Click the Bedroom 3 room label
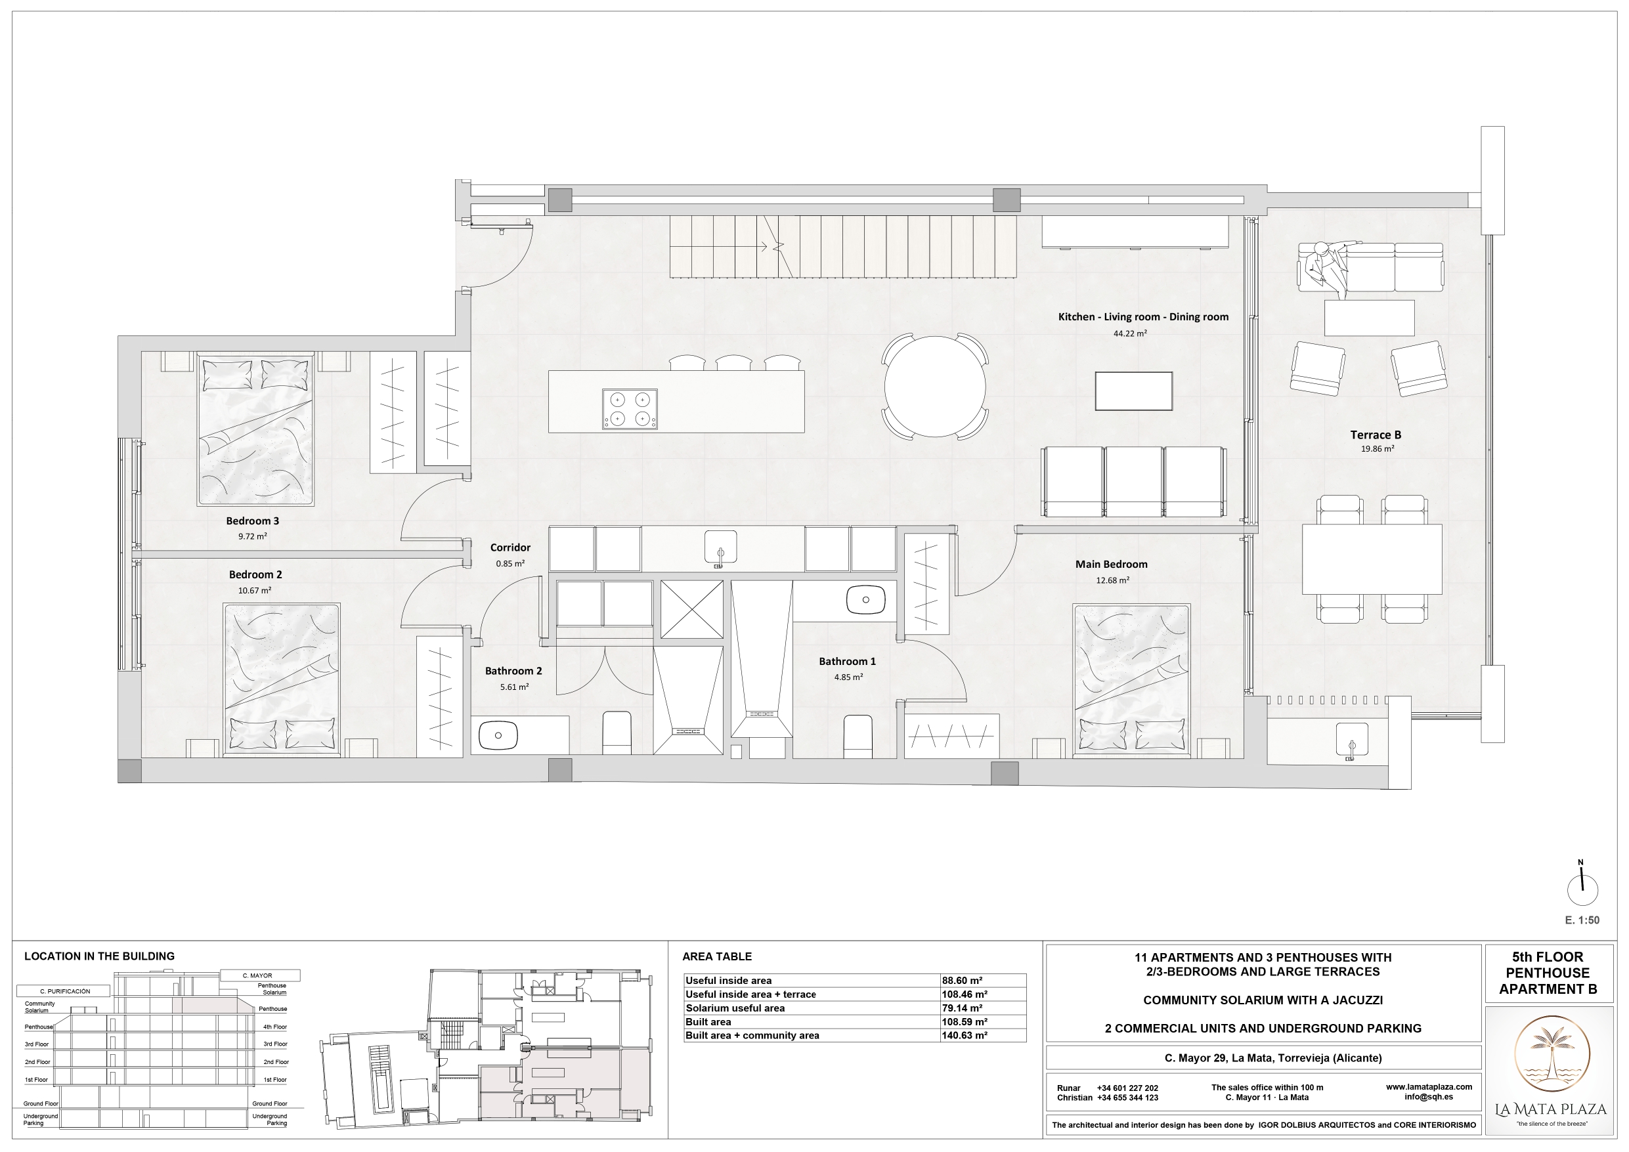click(253, 521)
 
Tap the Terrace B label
click(1376, 435)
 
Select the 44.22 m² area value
click(1130, 333)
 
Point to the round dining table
click(935, 387)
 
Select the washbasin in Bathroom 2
click(498, 736)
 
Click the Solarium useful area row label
click(735, 1008)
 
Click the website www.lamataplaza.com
click(1429, 1087)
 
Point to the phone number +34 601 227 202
click(1127, 1088)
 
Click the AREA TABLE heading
click(716, 957)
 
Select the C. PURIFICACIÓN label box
click(65, 991)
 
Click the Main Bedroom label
click(1111, 565)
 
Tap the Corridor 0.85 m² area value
click(510, 564)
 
